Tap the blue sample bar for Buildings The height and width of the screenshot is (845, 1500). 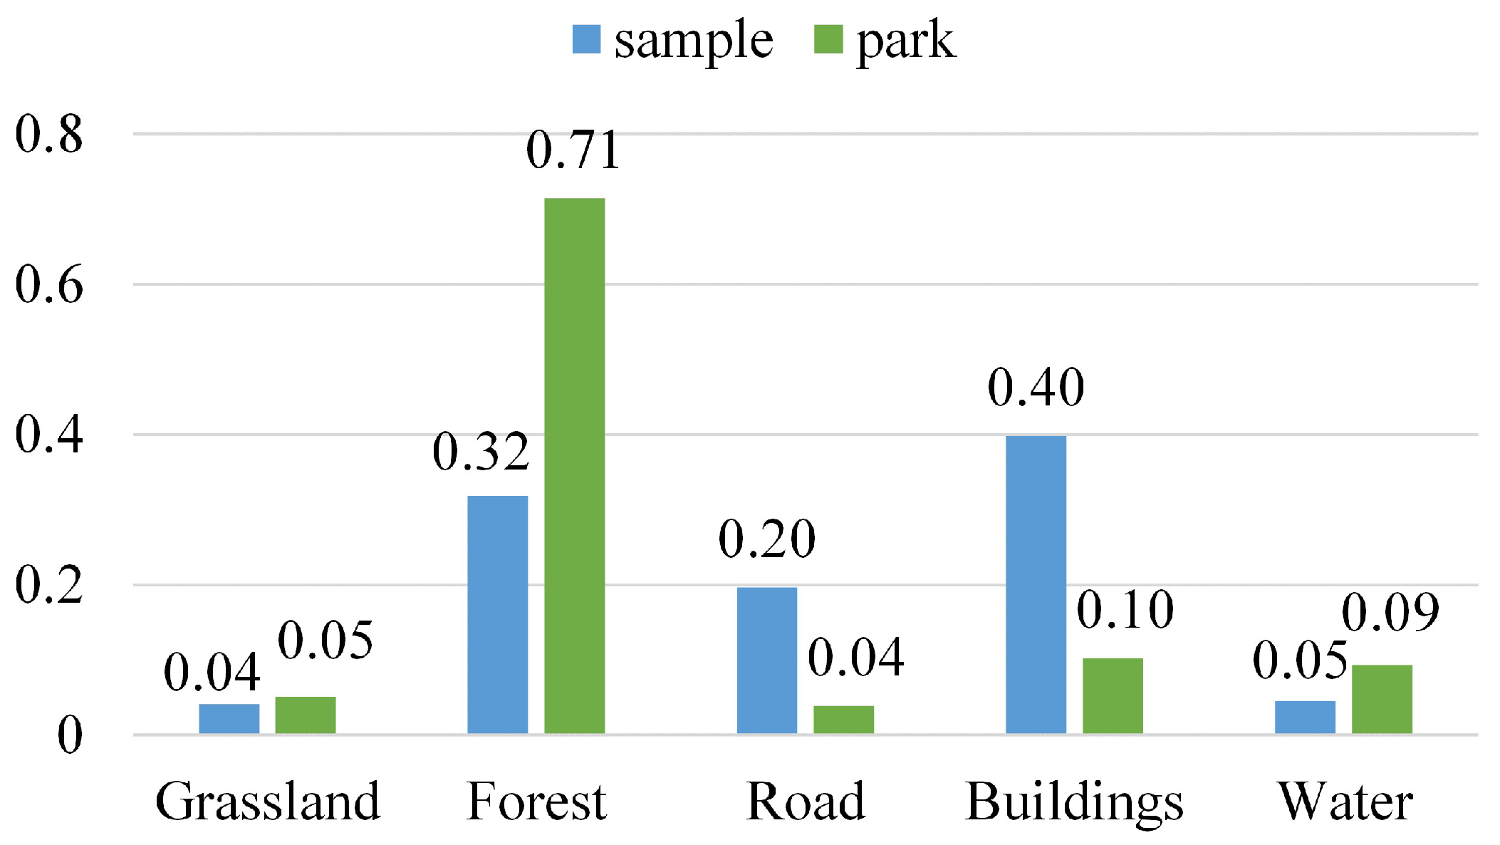1036,584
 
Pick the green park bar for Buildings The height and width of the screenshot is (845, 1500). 1113,695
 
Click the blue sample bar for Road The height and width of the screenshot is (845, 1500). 766,660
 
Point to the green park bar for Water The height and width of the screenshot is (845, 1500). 1382,699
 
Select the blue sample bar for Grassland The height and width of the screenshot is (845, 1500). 229,718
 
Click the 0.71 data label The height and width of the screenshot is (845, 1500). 573,150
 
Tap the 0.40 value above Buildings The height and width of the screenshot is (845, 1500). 1036,388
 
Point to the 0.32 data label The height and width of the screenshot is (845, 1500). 481,452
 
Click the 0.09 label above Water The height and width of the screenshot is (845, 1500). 1390,613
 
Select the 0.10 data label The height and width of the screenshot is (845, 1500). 1125,611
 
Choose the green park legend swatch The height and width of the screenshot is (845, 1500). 828,40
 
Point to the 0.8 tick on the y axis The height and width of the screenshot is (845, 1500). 48,134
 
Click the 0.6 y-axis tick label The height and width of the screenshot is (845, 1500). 48,284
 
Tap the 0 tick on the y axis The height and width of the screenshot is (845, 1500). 69,735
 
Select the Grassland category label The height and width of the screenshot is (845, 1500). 268,802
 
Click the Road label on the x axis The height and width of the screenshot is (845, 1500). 806,802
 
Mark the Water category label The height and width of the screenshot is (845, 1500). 1345,802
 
